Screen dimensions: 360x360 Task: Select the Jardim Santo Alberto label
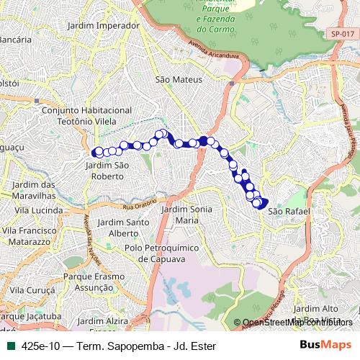pyautogui.click(x=129, y=228)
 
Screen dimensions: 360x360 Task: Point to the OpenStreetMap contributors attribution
pyautogui.click(x=297, y=323)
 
